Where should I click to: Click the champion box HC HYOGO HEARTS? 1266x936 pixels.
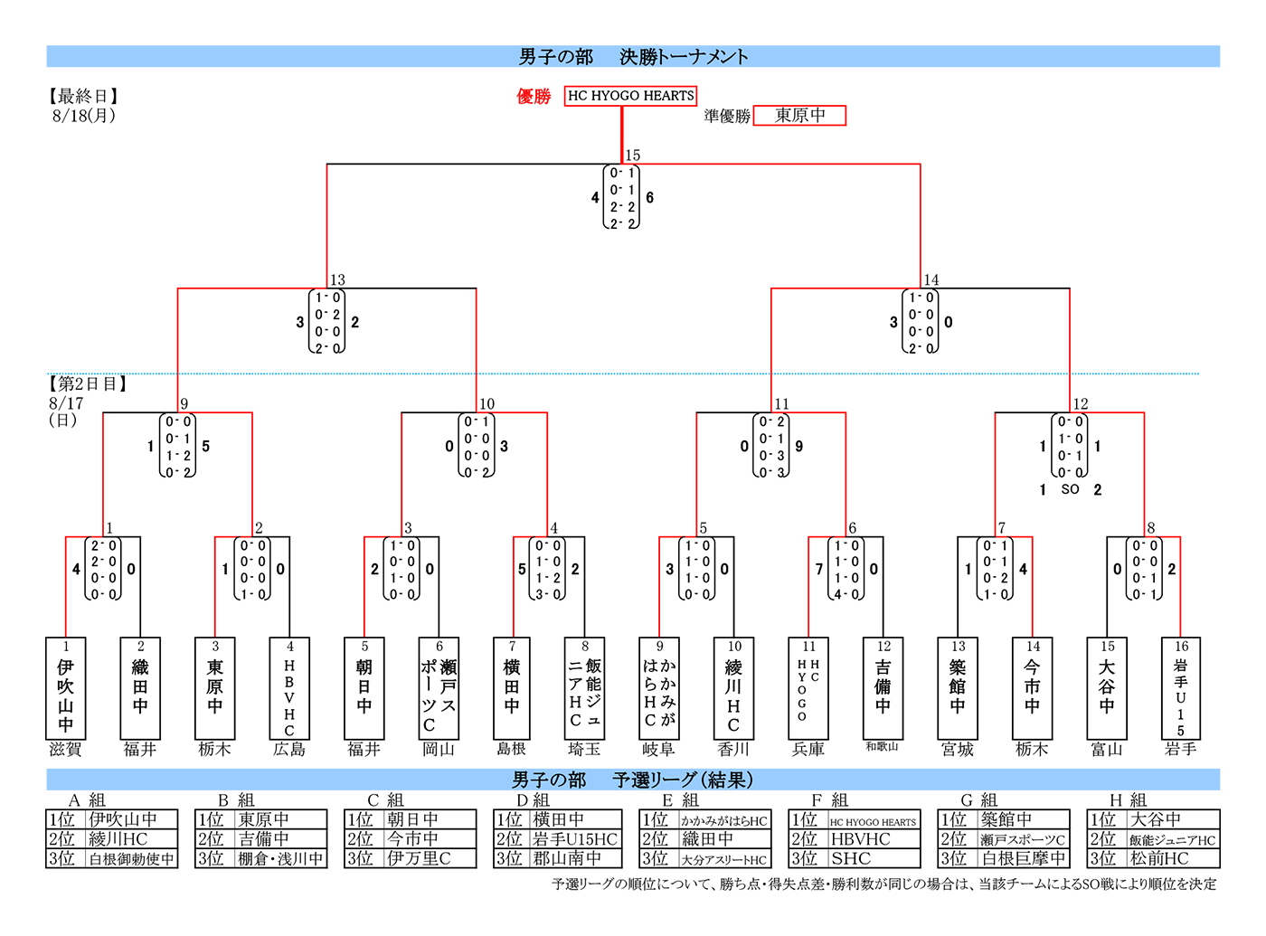click(x=630, y=96)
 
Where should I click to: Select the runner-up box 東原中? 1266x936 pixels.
click(x=799, y=116)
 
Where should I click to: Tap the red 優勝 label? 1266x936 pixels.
click(x=534, y=97)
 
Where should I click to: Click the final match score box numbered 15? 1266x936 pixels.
click(x=621, y=197)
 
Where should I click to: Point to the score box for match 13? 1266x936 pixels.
click(x=326, y=322)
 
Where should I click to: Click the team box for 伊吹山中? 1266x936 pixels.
click(x=66, y=688)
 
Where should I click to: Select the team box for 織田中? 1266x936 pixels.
click(x=140, y=688)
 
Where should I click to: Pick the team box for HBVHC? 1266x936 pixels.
click(x=289, y=688)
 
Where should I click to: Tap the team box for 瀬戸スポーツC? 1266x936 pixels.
click(x=439, y=688)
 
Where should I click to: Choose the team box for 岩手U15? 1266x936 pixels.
click(x=1180, y=688)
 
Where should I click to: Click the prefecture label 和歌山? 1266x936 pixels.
click(x=882, y=747)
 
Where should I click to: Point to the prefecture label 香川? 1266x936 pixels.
click(x=733, y=750)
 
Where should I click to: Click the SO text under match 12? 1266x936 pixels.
click(x=1070, y=489)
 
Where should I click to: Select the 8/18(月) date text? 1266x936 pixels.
click(x=84, y=116)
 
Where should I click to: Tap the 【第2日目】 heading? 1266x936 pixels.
click(x=88, y=384)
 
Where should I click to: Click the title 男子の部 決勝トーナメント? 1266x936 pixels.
click(x=633, y=57)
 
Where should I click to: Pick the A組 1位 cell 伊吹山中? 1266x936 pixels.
click(x=123, y=819)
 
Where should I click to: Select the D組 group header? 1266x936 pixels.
click(x=533, y=800)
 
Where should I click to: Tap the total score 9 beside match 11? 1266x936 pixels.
click(x=799, y=447)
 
